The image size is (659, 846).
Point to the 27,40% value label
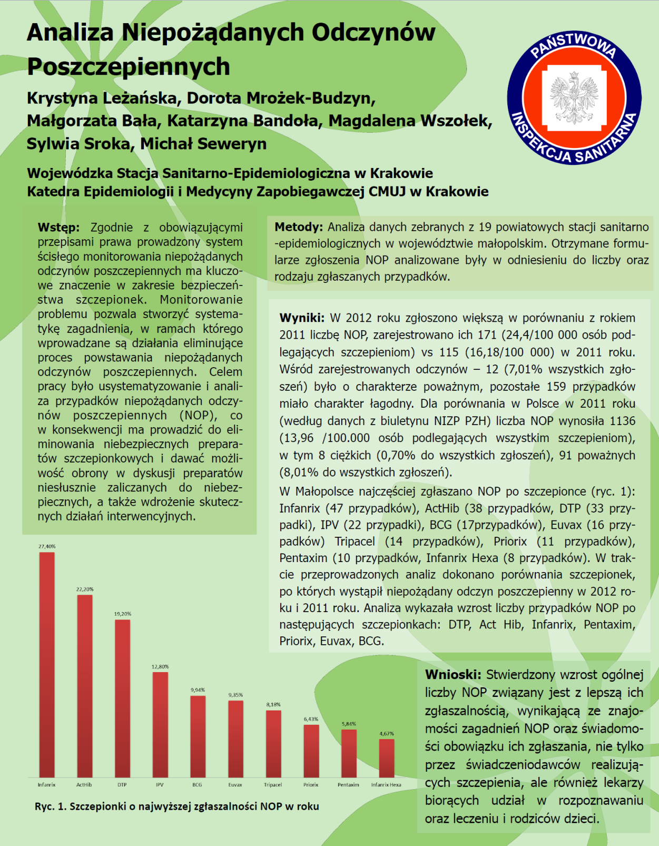tap(47, 546)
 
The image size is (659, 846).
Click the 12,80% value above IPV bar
tap(160, 666)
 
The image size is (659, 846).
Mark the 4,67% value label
tap(387, 733)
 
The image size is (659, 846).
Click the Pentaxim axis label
tap(348, 784)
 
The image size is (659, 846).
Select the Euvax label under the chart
tap(235, 784)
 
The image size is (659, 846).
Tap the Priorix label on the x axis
tap(311, 784)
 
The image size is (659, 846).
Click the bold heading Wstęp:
tap(58, 228)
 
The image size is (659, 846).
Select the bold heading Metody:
tap(298, 227)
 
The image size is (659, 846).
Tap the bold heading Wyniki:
tap(302, 318)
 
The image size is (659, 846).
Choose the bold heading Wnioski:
tap(453, 674)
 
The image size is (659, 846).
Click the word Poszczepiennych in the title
tap(129, 67)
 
